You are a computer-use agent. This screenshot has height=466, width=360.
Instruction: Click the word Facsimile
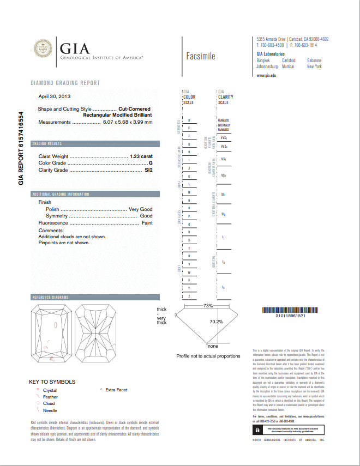click(201, 56)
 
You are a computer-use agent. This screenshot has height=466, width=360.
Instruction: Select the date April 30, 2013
click(55, 96)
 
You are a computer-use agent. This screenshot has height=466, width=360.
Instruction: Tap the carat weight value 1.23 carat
click(141, 156)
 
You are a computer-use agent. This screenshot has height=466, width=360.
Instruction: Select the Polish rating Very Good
click(140, 209)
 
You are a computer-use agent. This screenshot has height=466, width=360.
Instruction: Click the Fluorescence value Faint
click(147, 223)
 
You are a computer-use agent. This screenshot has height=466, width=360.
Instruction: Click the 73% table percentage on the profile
click(208, 306)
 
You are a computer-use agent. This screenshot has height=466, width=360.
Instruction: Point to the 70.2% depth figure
click(216, 322)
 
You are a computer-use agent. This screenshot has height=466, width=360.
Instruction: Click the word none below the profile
click(213, 346)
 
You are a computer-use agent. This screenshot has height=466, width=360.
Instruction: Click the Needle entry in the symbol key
click(50, 410)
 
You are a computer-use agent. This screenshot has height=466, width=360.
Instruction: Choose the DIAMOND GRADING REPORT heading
click(65, 83)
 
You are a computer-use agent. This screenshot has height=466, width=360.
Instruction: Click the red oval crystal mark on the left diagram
click(56, 325)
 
